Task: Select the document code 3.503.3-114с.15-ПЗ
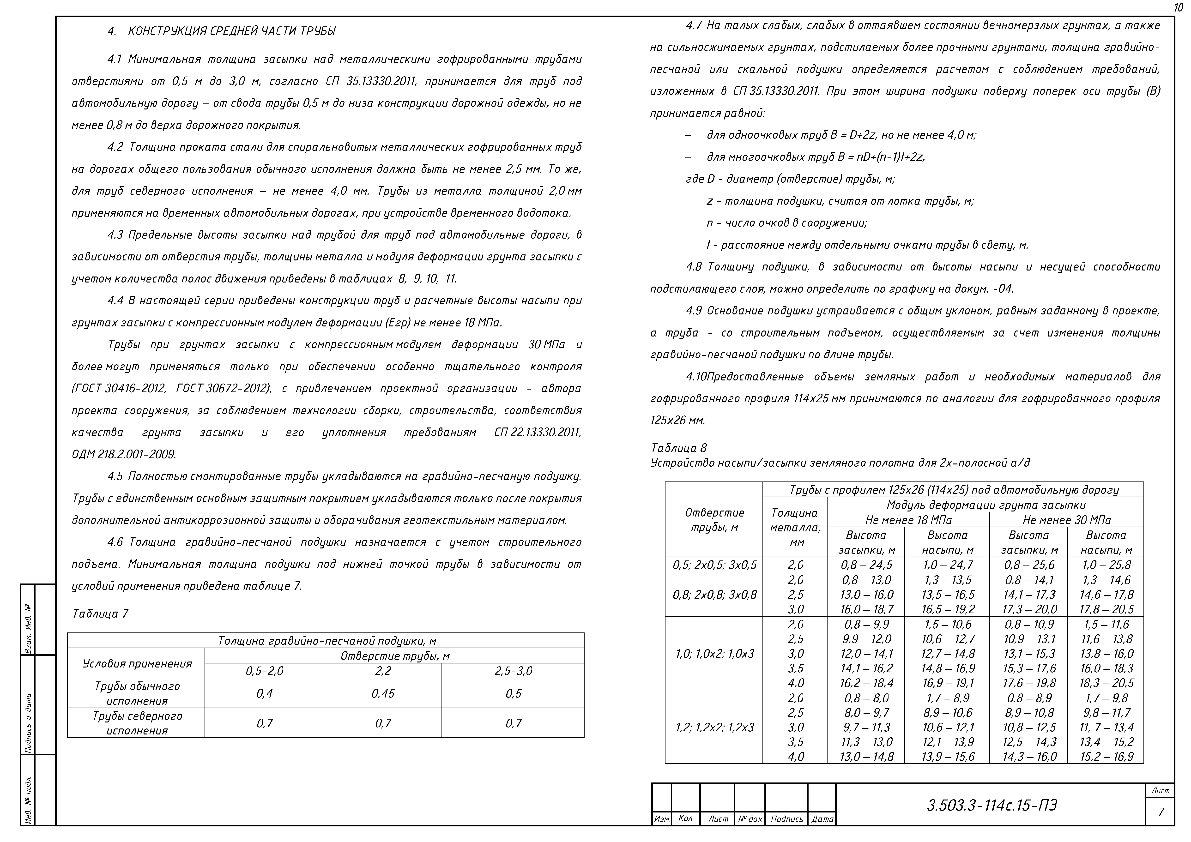(x=992, y=805)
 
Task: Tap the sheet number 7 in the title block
(x=1161, y=812)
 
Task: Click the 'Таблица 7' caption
(x=100, y=614)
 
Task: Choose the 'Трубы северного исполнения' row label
(x=137, y=723)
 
